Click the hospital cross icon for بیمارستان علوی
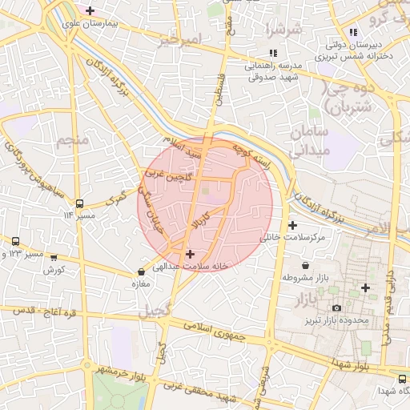pos(90,11)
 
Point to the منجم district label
pos(70,142)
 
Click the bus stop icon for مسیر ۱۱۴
pos(79,203)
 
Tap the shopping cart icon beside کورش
pos(54,258)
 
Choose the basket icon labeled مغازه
pos(142,272)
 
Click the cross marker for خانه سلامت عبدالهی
pos(190,254)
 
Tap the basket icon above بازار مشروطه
pos(305,265)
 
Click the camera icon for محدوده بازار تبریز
pos(336,308)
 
